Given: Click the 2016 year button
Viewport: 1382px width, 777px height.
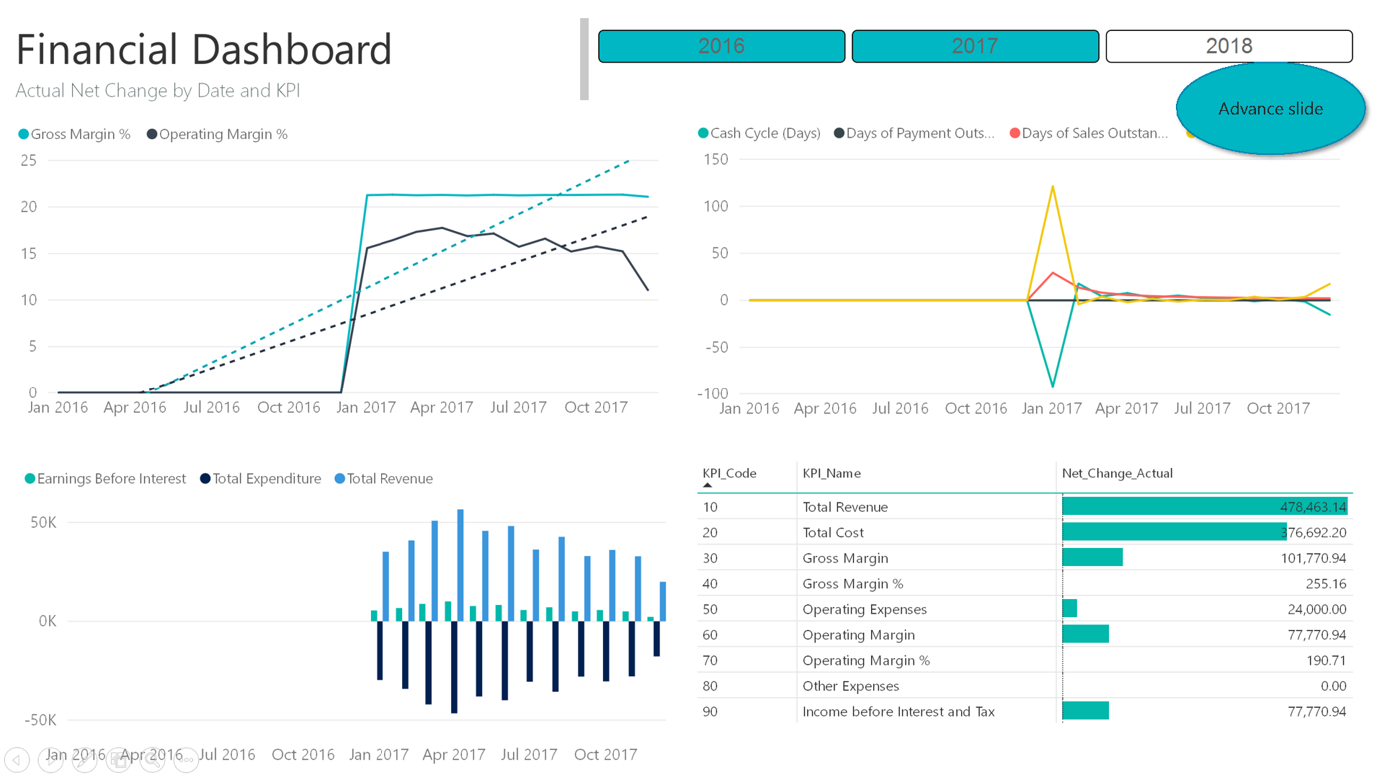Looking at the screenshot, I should pyautogui.click(x=721, y=46).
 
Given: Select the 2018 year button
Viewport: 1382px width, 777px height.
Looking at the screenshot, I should pyautogui.click(x=1229, y=46).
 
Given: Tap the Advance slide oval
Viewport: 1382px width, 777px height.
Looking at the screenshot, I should pyautogui.click(x=1270, y=109).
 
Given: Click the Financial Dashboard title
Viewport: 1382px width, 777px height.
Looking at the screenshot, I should pyautogui.click(x=204, y=50).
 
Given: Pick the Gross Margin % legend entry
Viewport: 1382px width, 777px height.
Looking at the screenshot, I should pyautogui.click(x=74, y=135).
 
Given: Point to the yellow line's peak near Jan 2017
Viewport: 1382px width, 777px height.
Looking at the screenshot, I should pyautogui.click(x=1053, y=187).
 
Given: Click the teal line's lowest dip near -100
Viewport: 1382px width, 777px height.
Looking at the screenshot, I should pyautogui.click(x=1053, y=386).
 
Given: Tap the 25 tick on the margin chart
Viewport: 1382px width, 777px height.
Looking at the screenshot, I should pyautogui.click(x=29, y=161).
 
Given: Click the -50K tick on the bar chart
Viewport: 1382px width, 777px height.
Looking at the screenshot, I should pyautogui.click(x=40, y=720).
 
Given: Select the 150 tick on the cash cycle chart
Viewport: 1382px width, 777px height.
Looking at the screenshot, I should pyautogui.click(x=715, y=159).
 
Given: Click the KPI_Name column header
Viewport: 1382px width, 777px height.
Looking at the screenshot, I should pyautogui.click(x=832, y=473).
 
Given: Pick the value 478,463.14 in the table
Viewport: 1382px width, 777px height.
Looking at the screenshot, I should pyautogui.click(x=1312, y=507).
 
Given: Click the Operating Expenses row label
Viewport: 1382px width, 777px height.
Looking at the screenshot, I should pyautogui.click(x=864, y=609).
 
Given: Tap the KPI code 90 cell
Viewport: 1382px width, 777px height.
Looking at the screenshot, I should pyautogui.click(x=710, y=711).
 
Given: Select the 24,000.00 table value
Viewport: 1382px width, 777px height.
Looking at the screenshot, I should pyautogui.click(x=1316, y=609).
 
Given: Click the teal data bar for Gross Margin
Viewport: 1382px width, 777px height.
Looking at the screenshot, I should pyautogui.click(x=1092, y=557).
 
